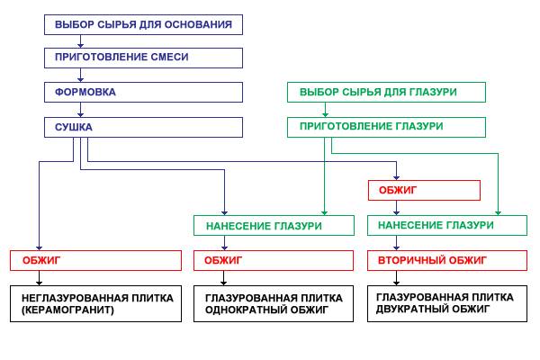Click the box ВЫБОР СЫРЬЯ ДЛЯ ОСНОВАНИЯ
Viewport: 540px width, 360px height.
[x=144, y=24]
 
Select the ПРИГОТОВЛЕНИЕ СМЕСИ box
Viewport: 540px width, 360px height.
[x=144, y=58]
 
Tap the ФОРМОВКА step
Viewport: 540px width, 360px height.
[x=144, y=92]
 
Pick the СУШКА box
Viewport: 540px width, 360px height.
[x=144, y=127]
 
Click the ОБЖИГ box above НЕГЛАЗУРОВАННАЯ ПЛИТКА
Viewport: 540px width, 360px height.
[x=95, y=260]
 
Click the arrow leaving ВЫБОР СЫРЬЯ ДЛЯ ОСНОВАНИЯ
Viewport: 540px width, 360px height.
[x=80, y=40]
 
